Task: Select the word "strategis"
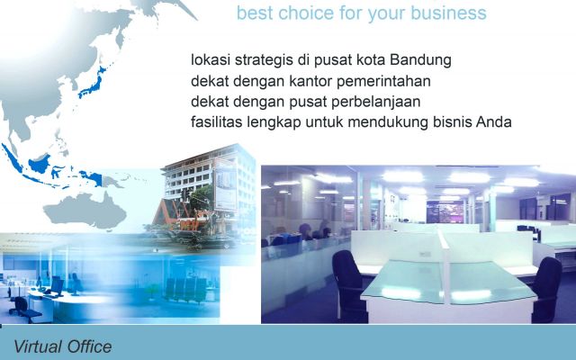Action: tap(266, 60)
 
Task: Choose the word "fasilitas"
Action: tap(218, 122)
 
